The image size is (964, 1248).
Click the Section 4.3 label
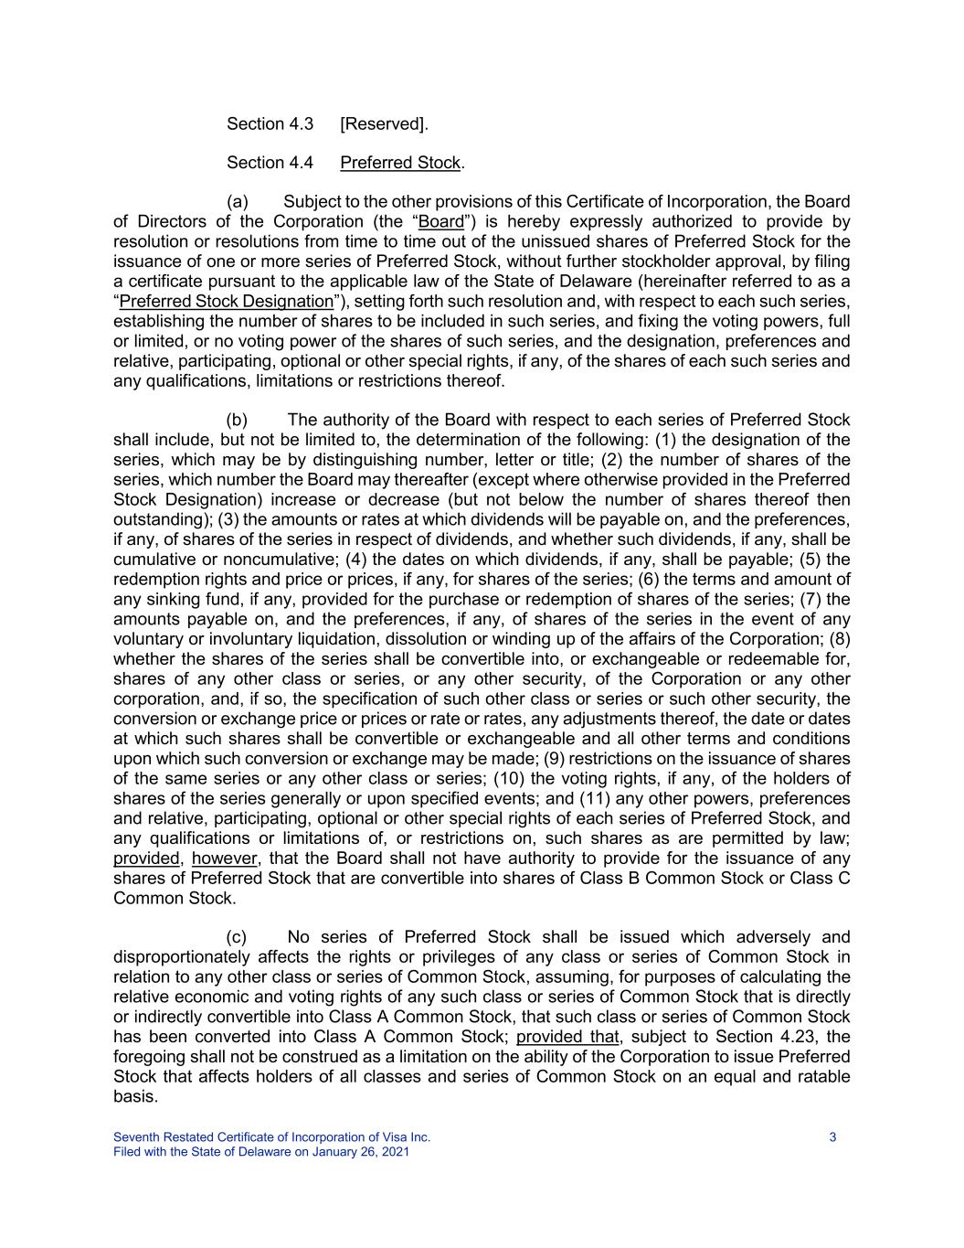270,123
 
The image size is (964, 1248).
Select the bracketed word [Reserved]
384,123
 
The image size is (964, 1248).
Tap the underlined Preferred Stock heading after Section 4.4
400,163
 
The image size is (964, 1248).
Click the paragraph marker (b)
238,420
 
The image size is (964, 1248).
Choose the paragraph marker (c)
237,937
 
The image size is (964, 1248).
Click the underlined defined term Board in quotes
440,222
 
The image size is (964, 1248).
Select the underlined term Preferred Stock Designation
226,302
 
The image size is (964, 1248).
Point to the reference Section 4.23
779,1037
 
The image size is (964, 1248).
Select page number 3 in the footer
832,1137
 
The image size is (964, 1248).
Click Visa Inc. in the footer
407,1137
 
